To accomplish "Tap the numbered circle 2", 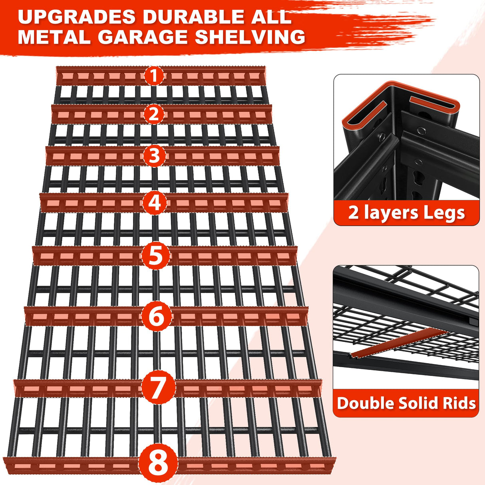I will [154, 114].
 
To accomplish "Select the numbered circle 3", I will [155, 156].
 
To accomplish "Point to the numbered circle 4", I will [155, 203].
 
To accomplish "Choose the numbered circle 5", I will [155, 256].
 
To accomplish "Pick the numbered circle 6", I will [156, 316].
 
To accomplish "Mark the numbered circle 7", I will [157, 388].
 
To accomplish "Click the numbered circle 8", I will [158, 463].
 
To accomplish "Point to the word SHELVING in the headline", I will [250, 37].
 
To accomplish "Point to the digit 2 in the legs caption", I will [353, 213].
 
